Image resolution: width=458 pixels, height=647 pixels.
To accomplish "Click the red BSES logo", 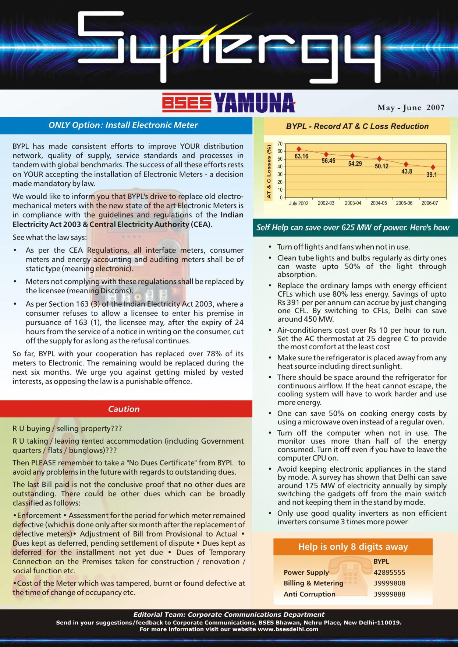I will (x=187, y=103).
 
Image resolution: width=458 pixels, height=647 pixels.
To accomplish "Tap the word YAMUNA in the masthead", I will (x=254, y=103).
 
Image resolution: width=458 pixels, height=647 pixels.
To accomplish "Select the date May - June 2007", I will (x=411, y=108).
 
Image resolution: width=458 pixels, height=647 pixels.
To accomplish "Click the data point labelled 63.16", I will (x=299, y=149).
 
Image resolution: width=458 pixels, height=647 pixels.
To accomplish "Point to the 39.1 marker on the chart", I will (x=433, y=167).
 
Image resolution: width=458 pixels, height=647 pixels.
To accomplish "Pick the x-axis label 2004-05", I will (x=379, y=203).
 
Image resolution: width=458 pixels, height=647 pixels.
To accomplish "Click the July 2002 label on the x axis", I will (x=299, y=203).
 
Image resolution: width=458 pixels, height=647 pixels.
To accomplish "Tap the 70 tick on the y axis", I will (x=280, y=144).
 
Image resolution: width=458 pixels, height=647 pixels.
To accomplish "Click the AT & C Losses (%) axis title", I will (x=269, y=172).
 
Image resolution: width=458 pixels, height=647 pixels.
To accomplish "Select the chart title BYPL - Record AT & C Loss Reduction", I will (x=357, y=126).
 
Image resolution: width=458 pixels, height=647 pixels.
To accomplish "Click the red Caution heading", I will (x=124, y=409).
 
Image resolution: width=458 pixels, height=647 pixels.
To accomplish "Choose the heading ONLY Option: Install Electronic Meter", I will (x=123, y=125).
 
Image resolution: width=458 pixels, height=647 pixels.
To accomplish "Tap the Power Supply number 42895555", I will (x=389, y=572).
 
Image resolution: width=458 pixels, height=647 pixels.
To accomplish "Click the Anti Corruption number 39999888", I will (x=389, y=594).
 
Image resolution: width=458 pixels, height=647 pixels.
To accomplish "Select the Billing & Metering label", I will (x=313, y=583).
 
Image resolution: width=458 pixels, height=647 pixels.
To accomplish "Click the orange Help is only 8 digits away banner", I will (x=353, y=547).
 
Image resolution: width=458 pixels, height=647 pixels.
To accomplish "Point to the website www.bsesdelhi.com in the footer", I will (x=288, y=629).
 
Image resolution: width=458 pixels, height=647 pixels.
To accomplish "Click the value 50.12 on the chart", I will (x=381, y=166).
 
